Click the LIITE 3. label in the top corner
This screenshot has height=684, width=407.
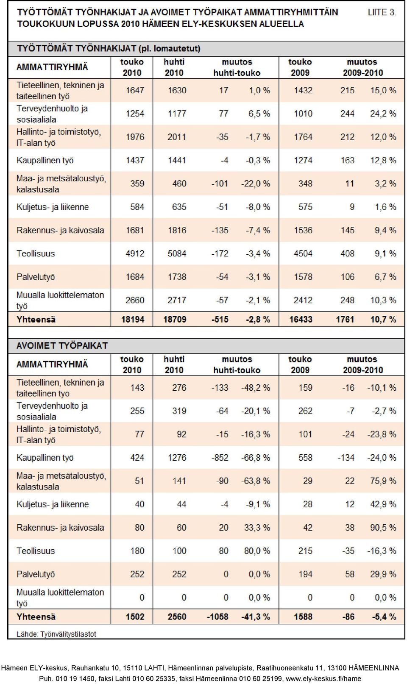pyautogui.click(x=382, y=12)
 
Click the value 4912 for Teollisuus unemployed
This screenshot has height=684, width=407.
pyautogui.click(x=135, y=253)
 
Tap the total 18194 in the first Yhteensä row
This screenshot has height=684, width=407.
pyautogui.click(x=133, y=320)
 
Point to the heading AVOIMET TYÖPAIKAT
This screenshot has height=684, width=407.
pyautogui.click(x=62, y=346)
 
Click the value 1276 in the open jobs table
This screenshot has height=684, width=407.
pyautogui.click(x=177, y=457)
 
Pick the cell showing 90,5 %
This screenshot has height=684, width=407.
pyautogui.click(x=383, y=527)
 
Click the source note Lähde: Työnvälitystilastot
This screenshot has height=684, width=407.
pyautogui.click(x=56, y=634)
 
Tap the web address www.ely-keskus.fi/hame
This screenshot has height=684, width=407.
pyautogui.click(x=323, y=678)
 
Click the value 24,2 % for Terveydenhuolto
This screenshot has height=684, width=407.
pyautogui.click(x=383, y=114)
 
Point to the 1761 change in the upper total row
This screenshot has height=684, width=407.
pyautogui.click(x=345, y=320)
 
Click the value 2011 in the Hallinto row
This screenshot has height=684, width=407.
pyautogui.click(x=177, y=137)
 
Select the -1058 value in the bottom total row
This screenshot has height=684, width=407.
pyautogui.click(x=217, y=617)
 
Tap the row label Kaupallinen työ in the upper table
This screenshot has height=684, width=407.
pyautogui.click(x=45, y=160)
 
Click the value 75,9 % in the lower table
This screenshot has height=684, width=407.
pyautogui.click(x=383, y=481)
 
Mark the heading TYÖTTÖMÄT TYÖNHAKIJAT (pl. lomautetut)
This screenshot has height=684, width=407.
pyautogui.click(x=109, y=49)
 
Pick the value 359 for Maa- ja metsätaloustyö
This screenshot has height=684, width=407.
pyautogui.click(x=137, y=184)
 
